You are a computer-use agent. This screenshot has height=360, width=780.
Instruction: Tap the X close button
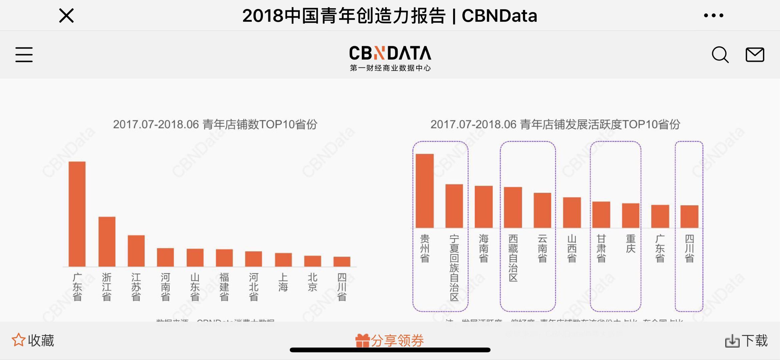[x=66, y=16]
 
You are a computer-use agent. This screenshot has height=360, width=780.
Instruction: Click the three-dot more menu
[x=713, y=15]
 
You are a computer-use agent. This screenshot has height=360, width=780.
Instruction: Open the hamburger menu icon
[x=24, y=55]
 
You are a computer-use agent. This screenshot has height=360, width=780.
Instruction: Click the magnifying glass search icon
[x=720, y=55]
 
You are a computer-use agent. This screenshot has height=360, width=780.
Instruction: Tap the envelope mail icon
[x=755, y=55]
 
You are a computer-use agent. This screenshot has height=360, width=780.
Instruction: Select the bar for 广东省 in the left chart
[x=77, y=214]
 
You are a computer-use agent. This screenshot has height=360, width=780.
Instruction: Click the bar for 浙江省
[x=107, y=242]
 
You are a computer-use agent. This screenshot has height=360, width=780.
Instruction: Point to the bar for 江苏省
[x=136, y=251]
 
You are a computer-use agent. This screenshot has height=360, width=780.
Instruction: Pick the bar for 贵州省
[x=425, y=191]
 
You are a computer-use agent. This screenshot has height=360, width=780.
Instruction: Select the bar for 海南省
[x=484, y=207]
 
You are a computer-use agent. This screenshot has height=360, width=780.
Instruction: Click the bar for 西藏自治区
[x=513, y=207]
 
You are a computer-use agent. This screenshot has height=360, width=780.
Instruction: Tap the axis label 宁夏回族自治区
[x=454, y=268]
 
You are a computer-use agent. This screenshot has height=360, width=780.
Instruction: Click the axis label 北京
[x=312, y=282]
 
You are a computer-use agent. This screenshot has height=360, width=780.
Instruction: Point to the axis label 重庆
[x=631, y=244]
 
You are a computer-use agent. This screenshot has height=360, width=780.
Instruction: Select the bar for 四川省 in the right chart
[x=689, y=217]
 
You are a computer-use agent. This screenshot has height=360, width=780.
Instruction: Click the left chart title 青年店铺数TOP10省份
[x=215, y=124]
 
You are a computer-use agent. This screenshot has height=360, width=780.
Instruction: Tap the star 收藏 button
[x=33, y=340]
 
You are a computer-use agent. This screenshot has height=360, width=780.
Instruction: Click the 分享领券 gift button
[x=389, y=340]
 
